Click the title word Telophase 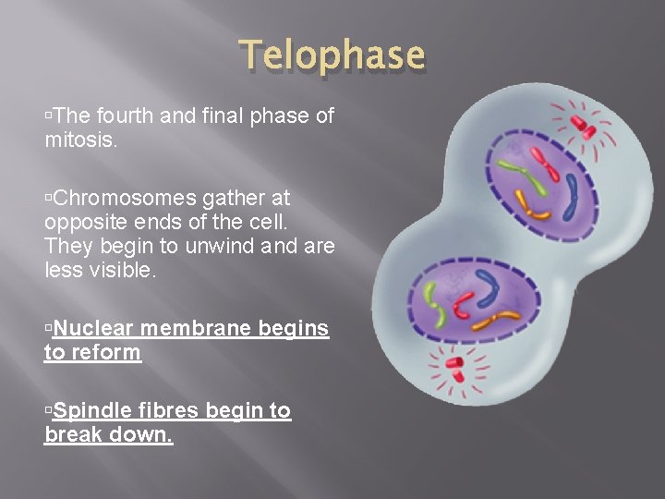333,55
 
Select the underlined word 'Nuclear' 96,329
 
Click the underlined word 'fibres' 170,410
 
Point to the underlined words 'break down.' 108,434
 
